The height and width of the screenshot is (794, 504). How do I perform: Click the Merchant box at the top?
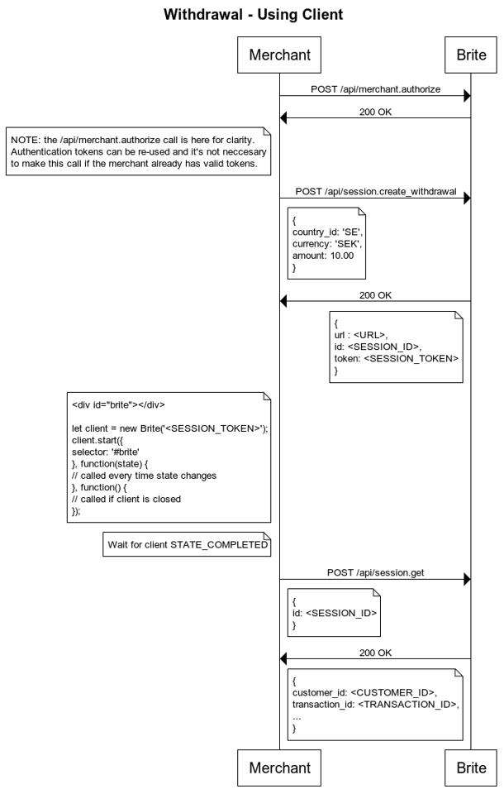279,55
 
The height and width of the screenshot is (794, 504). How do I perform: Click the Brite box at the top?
471,55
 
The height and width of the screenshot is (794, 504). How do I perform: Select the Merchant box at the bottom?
279,768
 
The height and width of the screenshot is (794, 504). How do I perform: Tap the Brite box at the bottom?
471,768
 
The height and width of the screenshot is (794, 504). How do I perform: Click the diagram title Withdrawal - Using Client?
253,14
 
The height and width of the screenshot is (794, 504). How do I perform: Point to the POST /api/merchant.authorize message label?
375,89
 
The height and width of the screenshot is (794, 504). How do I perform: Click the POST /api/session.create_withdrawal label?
376,191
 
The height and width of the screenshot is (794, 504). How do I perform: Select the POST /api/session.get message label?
375,572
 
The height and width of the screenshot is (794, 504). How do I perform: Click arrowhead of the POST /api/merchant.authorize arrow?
468,96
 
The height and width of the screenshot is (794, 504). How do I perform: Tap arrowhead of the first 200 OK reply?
283,118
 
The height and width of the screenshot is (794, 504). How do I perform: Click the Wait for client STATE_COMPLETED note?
187,544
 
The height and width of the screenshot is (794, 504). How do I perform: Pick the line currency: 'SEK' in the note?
327,243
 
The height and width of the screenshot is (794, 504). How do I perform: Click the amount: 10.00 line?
323,256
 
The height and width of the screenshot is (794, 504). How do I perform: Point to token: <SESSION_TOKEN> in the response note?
397,358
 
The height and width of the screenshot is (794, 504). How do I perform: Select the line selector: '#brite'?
105,452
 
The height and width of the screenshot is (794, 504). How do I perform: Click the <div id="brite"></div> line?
118,404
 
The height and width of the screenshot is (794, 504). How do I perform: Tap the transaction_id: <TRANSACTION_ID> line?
376,705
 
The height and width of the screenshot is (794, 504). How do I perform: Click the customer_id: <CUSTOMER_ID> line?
365,692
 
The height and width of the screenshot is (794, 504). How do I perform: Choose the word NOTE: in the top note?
26,140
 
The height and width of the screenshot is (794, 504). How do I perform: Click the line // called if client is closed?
126,499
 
